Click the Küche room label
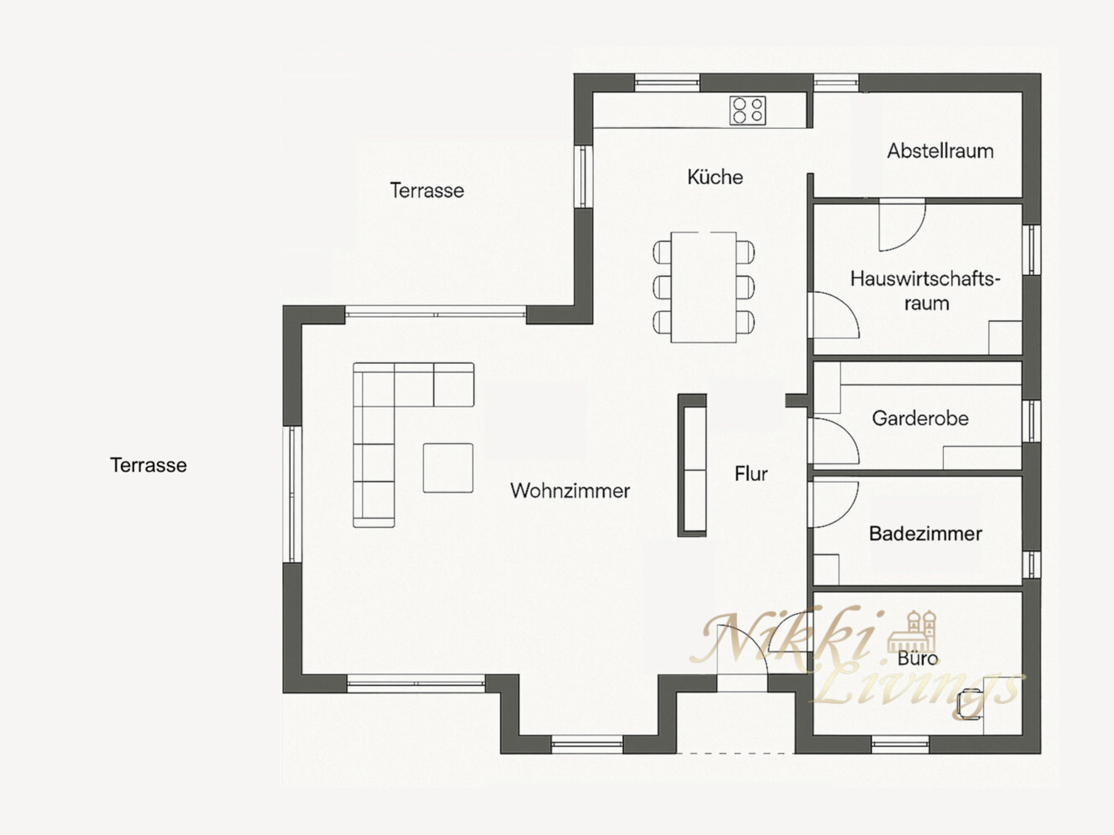pos(715,177)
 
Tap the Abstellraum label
pos(940,151)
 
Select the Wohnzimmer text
pos(570,491)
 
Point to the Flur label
pos(751,474)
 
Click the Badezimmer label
pos(926,534)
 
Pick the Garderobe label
pos(920,418)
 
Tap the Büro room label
pos(918,658)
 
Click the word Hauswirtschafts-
pos(925,279)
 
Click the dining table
pos(704,287)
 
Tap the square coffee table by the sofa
pos(448,468)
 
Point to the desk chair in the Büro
pos(970,704)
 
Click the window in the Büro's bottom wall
pos(900,745)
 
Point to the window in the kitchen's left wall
pos(583,177)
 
